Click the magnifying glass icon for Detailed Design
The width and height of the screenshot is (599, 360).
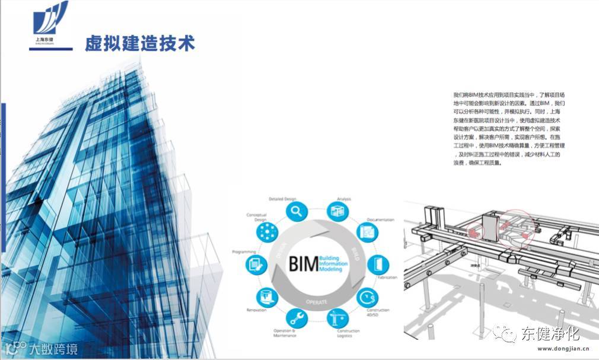[x=296, y=211]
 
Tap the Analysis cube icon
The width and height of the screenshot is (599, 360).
[x=338, y=211]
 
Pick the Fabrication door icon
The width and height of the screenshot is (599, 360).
[x=377, y=263]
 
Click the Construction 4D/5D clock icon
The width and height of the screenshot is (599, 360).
[x=368, y=295]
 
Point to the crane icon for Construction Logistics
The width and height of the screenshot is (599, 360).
[x=339, y=318]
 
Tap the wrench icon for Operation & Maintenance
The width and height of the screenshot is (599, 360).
[x=297, y=318]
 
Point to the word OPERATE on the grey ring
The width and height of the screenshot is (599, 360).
[x=316, y=301]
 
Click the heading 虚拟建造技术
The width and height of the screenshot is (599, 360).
[x=140, y=44]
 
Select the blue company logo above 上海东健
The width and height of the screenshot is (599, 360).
[x=50, y=19]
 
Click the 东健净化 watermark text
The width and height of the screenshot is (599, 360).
[x=550, y=334]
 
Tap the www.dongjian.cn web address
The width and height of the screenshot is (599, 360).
[x=558, y=350]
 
